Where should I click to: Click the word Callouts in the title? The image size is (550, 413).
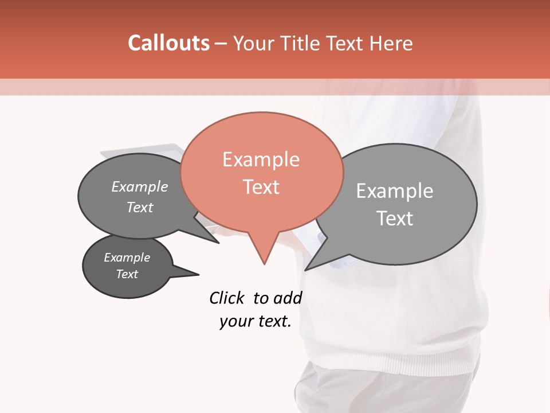pos(168,43)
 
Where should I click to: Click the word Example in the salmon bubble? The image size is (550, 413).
pos(261,159)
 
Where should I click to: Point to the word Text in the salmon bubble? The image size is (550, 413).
pos(261,187)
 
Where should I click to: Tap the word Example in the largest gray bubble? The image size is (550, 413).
pos(394,191)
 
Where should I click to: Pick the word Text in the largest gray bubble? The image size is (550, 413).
pos(394,219)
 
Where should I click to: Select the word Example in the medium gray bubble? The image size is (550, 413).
pos(140,187)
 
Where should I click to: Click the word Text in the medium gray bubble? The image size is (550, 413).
pos(140,207)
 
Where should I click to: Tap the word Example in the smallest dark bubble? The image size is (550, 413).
pos(127,258)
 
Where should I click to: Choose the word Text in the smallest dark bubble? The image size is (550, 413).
pos(127,274)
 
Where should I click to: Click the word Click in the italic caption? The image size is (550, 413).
pos(227,298)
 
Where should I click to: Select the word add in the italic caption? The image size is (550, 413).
pos(288,298)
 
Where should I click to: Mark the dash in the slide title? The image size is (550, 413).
pos(221,43)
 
